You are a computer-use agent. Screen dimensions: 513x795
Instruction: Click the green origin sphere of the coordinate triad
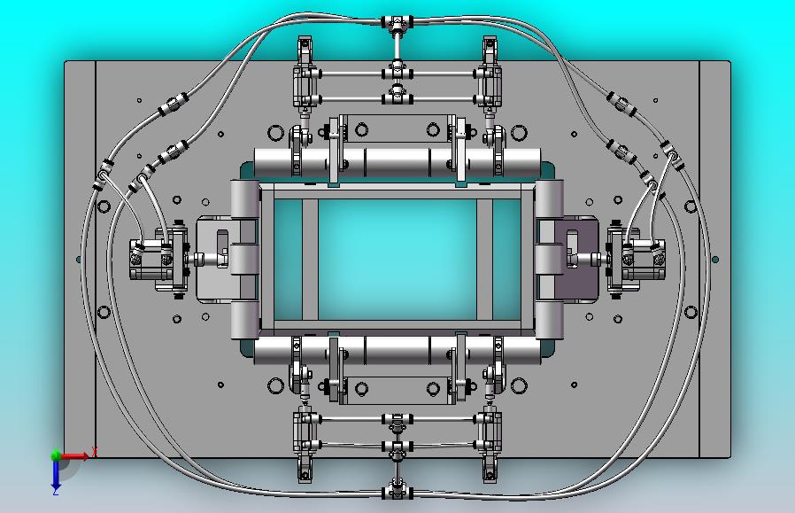click(56, 456)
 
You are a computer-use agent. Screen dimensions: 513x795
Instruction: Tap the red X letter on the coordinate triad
click(94, 452)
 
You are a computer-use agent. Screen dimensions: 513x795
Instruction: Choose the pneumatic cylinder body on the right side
click(638, 259)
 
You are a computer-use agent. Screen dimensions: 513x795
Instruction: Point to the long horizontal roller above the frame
click(397, 163)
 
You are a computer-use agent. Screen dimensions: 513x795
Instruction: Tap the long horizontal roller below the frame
click(397, 350)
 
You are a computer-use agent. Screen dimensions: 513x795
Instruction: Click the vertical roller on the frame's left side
click(244, 259)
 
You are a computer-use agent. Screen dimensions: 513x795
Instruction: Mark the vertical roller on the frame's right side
click(549, 259)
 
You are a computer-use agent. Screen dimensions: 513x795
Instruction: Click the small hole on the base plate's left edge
click(79, 260)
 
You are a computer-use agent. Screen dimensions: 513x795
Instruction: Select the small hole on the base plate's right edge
click(715, 260)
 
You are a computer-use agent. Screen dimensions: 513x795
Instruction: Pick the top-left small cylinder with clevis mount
click(305, 75)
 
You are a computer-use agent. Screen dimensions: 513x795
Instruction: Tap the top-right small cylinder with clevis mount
click(490, 75)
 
